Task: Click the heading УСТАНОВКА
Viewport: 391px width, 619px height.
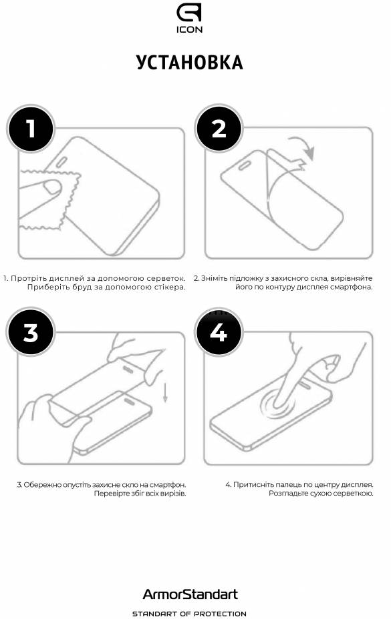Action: pos(190,63)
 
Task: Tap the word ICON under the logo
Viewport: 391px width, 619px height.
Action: pos(190,29)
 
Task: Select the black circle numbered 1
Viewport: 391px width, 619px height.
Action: pos(31,129)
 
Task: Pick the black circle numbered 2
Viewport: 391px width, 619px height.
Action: pos(219,129)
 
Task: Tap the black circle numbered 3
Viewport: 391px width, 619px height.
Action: pos(31,332)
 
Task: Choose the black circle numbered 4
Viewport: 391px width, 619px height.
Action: pos(219,332)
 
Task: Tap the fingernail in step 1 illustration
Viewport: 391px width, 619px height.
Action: pos(52,187)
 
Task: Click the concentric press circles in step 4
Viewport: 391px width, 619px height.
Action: pos(277,405)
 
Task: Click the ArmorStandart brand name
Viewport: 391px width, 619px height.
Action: pos(190,594)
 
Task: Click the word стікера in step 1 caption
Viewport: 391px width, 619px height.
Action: pos(170,287)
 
